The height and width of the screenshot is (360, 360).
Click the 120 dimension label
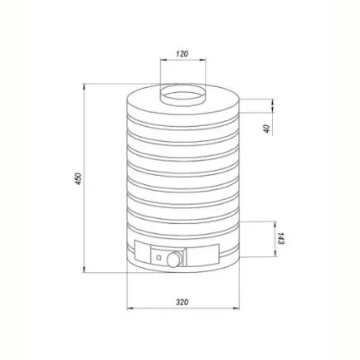point(182,53)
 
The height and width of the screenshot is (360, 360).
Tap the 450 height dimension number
point(78,178)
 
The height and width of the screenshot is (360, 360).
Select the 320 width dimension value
point(182,302)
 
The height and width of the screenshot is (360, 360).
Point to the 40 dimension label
point(266,129)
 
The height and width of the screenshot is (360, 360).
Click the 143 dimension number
point(281,238)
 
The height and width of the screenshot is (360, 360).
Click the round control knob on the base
point(173,259)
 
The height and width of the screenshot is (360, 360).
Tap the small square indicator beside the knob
point(158,258)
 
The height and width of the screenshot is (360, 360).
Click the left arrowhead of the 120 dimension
point(163,59)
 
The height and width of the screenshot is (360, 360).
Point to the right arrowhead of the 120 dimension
point(202,59)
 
